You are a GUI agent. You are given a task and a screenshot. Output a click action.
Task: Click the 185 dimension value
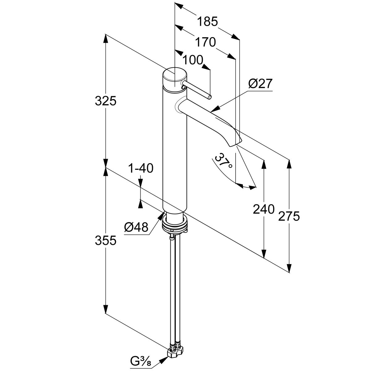207,22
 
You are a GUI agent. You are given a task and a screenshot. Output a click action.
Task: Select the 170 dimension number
205,42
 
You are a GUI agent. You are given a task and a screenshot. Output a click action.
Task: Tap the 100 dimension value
193,60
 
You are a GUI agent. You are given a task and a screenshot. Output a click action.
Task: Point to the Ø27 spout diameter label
260,84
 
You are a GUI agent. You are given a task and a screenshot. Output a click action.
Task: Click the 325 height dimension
106,101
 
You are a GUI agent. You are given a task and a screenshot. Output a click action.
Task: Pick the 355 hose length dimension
106,240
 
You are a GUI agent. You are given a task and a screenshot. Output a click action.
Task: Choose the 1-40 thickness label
141,168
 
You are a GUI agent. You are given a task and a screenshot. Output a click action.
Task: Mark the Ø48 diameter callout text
136,227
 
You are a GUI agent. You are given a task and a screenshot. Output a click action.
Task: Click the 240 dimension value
264,209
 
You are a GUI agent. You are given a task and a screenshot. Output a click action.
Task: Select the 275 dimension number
289,216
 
